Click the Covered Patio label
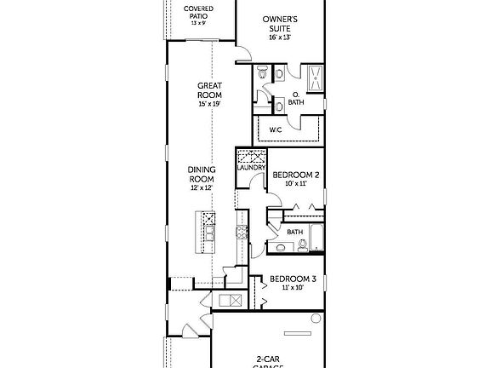pos(199,11)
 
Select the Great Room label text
pos(209,89)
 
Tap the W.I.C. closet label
pos(276,129)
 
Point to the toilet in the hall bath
pos(281,248)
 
